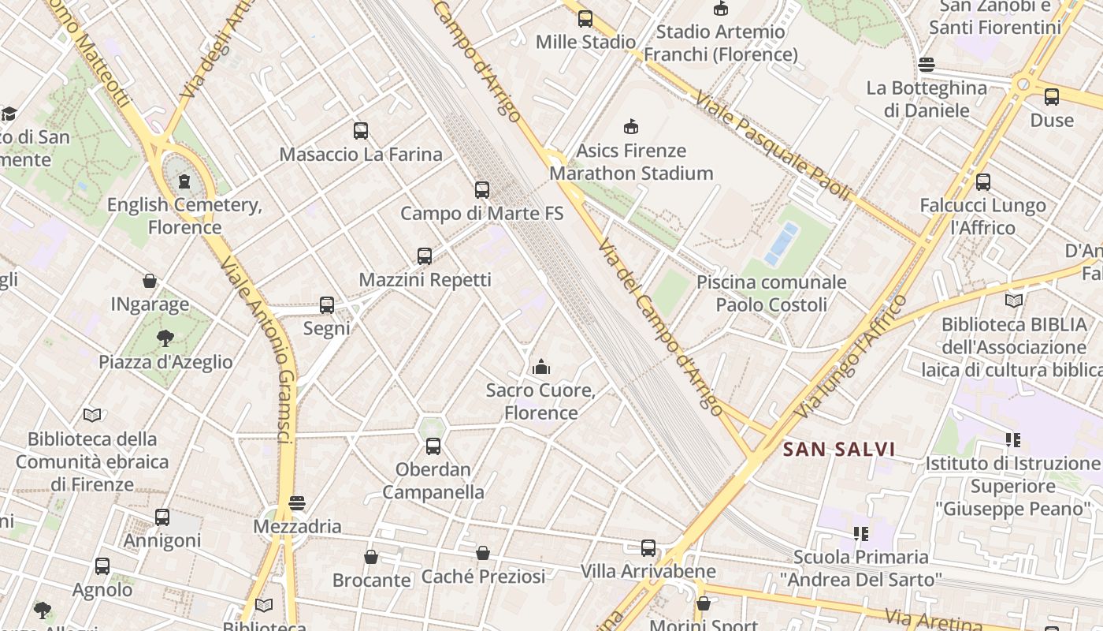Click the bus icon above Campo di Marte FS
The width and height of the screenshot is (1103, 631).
(482, 190)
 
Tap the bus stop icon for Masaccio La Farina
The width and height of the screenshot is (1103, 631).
(361, 131)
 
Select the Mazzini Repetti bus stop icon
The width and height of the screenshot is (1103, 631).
(425, 256)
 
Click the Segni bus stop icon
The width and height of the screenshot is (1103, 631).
(327, 305)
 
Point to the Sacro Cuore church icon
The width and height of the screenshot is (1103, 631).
(541, 367)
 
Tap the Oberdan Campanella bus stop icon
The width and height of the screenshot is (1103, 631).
(433, 446)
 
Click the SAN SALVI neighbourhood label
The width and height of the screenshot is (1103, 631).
(839, 450)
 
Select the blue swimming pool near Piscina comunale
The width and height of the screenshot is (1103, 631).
(781, 244)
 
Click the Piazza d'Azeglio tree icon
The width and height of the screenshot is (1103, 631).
(165, 339)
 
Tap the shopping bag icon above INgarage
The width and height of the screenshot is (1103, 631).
(150, 281)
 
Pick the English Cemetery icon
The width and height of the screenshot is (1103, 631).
(184, 181)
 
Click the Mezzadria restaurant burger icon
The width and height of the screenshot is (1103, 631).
(297, 503)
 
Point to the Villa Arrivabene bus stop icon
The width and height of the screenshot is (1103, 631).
(648, 548)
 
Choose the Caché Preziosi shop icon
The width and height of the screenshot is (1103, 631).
(483, 554)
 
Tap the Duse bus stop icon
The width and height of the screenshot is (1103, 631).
(1052, 97)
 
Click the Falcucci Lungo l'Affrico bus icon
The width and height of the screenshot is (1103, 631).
(983, 182)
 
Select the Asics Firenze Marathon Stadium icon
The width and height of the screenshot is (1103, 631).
(631, 127)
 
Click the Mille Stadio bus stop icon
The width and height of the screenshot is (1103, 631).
(585, 19)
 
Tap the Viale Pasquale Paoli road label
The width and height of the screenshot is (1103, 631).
(773, 145)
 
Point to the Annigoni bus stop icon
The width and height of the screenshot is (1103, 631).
(162, 517)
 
